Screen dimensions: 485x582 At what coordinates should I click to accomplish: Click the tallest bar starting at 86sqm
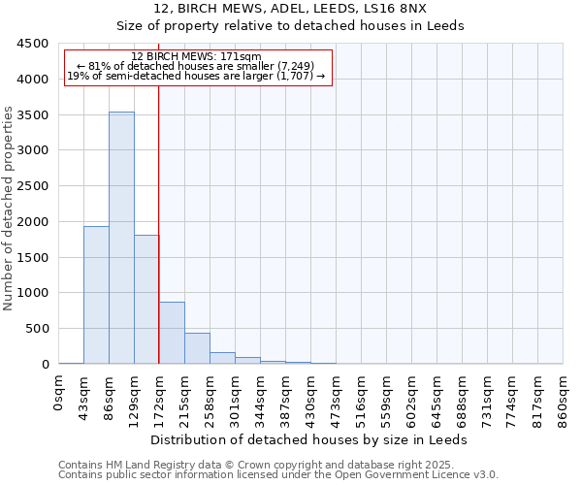coord(121,238)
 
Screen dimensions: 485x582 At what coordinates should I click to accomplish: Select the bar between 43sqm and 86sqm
coord(96,295)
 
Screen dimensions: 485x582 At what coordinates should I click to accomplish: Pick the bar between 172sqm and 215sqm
coord(172,333)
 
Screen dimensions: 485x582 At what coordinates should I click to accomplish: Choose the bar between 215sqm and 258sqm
coord(197,348)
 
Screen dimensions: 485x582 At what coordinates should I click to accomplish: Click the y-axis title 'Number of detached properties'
coord(10,209)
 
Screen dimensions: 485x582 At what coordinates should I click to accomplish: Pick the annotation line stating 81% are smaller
coord(198,66)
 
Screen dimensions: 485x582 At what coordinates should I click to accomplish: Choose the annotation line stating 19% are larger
coord(198,76)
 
